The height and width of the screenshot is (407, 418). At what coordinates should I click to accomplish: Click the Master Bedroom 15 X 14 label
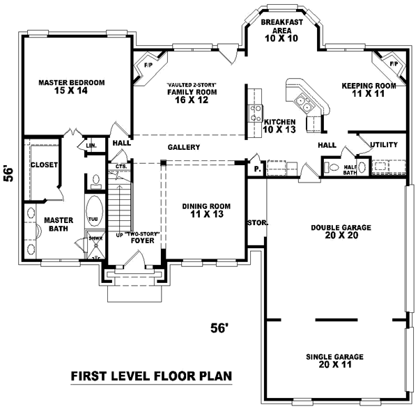click(x=72, y=87)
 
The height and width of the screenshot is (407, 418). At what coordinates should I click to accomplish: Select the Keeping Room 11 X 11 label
click(x=369, y=90)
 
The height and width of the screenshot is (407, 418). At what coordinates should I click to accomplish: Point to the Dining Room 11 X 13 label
click(x=206, y=210)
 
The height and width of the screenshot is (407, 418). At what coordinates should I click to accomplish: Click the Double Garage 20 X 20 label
click(x=341, y=231)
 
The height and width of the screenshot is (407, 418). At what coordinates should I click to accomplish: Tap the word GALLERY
click(x=184, y=147)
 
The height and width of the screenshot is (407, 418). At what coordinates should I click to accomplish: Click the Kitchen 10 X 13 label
click(x=280, y=125)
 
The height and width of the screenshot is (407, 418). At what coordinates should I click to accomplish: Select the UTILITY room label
click(x=384, y=145)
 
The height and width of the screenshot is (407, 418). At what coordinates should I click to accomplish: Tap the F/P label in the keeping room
click(x=394, y=63)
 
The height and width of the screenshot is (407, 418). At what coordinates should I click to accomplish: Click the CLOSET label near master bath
click(x=43, y=165)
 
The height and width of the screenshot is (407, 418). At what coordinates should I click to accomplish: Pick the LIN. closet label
click(x=91, y=146)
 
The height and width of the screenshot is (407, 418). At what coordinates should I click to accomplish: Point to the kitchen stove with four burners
click(x=256, y=114)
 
